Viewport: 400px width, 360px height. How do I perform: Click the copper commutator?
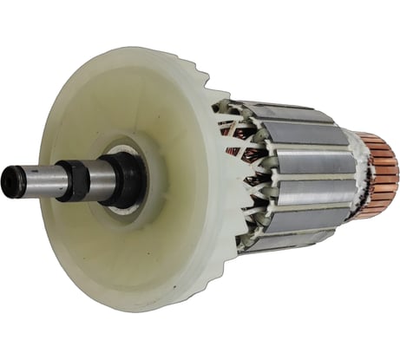(x=377, y=173)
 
